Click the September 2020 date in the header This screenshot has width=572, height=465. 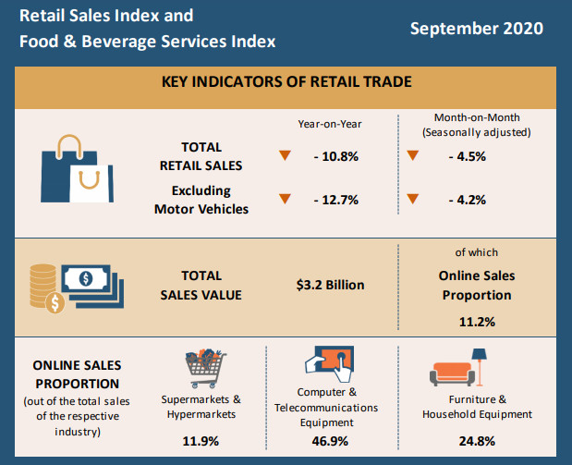pos(477,29)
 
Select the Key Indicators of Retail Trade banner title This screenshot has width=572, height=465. pos(286,81)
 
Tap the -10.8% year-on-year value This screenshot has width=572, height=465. pos(335,156)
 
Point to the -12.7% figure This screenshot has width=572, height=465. pos(335,200)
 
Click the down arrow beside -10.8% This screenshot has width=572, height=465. pos(285,155)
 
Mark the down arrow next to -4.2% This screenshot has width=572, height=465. pos(412,199)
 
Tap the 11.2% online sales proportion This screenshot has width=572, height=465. pos(476,322)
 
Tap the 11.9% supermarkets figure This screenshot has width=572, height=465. pos(201,441)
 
